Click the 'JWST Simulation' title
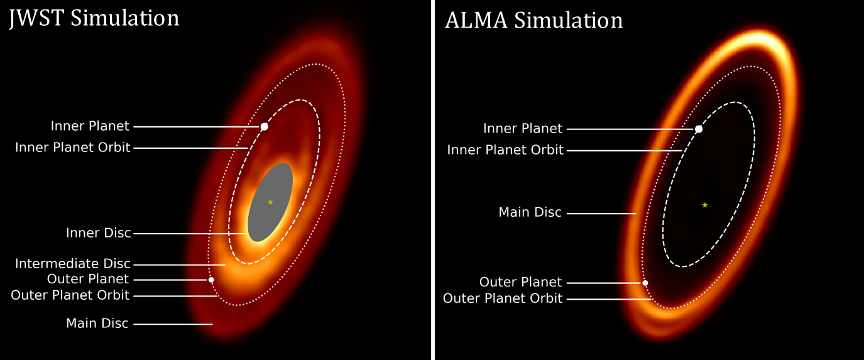pos(94,18)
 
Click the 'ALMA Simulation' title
pos(534,21)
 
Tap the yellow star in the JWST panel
pos(270,202)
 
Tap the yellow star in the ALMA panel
pos(704,205)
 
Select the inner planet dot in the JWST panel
pos(264,126)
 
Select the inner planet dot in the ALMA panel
pos(699,129)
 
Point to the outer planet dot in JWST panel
pos(211,280)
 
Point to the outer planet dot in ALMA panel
pos(645,283)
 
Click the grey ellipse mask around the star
pos(270,202)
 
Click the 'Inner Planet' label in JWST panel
pos(90,126)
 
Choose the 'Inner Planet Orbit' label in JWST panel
pos(72,148)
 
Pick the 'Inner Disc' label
pos(99,233)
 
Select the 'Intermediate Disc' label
pos(72,263)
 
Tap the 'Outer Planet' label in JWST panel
pos(87,279)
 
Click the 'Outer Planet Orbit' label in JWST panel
pos(70,295)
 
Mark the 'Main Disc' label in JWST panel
pos(97,324)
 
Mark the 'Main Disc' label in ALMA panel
pos(530,212)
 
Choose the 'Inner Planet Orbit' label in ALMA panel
pos(505,150)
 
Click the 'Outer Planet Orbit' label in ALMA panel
pos(503,298)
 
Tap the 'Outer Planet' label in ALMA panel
pos(520,282)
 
